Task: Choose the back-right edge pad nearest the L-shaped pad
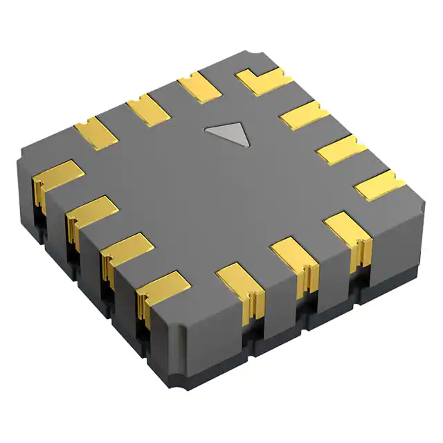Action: (305, 116)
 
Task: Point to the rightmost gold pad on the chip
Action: (380, 183)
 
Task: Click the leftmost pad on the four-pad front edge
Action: (55, 177)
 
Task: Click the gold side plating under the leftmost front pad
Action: (40, 192)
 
